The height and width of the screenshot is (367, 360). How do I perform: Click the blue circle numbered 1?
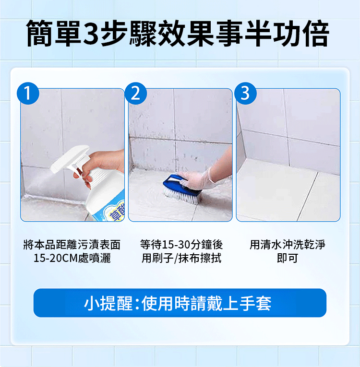pyautogui.click(x=28, y=94)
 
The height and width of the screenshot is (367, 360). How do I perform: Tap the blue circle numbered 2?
pyautogui.click(x=136, y=94)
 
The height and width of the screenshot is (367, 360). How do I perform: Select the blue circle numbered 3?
pyautogui.click(x=245, y=94)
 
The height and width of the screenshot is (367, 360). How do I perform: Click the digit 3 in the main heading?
pyautogui.click(x=91, y=34)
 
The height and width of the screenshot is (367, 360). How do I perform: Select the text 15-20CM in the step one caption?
pyautogui.click(x=56, y=258)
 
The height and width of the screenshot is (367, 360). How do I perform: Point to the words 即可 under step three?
pyautogui.click(x=288, y=258)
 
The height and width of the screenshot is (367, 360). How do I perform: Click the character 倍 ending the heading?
pyautogui.click(x=315, y=33)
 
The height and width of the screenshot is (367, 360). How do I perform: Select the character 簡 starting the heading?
pyautogui.click(x=40, y=33)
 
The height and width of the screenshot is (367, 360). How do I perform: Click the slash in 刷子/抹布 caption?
pyautogui.click(x=175, y=259)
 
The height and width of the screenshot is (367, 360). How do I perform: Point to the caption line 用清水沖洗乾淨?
pyautogui.click(x=288, y=245)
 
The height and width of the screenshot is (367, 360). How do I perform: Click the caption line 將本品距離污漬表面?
pyautogui.click(x=72, y=245)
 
